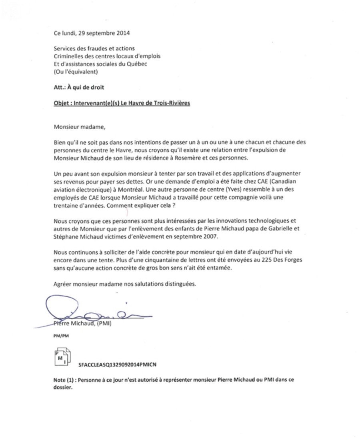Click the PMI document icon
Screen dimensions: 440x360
[x=62, y=357]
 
